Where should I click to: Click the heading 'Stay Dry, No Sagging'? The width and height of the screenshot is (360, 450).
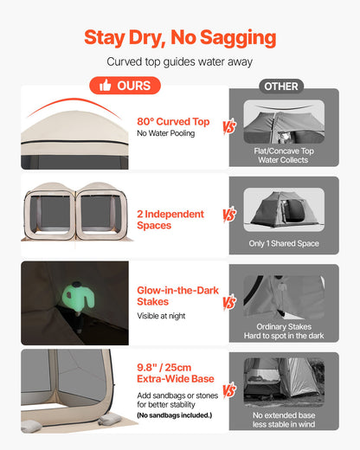click(180, 37)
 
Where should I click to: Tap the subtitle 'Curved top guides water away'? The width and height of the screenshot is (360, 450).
click(180, 62)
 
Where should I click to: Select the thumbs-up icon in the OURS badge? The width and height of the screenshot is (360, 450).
click(106, 86)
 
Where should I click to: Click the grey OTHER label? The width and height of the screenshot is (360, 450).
click(280, 87)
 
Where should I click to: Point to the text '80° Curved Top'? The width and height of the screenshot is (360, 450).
click(173, 122)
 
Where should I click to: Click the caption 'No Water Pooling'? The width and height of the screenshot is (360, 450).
click(165, 134)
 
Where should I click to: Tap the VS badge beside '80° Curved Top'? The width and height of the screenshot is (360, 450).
click(229, 127)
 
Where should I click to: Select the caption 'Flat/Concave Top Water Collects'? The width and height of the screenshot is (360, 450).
click(283, 156)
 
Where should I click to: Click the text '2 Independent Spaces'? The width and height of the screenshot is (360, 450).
click(170, 220)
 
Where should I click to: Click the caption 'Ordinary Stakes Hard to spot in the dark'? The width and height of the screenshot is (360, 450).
click(283, 332)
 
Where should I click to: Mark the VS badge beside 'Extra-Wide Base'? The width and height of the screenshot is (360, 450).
click(229, 390)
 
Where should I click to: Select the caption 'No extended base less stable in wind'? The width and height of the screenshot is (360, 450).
click(283, 420)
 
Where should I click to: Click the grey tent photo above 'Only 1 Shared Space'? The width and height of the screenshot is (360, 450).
click(283, 207)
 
